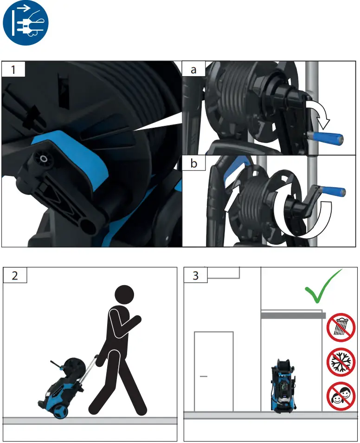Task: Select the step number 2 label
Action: pyautogui.click(x=15, y=275)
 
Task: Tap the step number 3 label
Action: pyautogui.click(x=195, y=275)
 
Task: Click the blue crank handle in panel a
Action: pyautogui.click(x=328, y=138)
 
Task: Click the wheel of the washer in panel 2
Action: pyautogui.click(x=59, y=412)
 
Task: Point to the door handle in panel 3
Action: pyautogui.click(x=203, y=375)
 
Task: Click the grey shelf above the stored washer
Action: pyautogui.click(x=292, y=315)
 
